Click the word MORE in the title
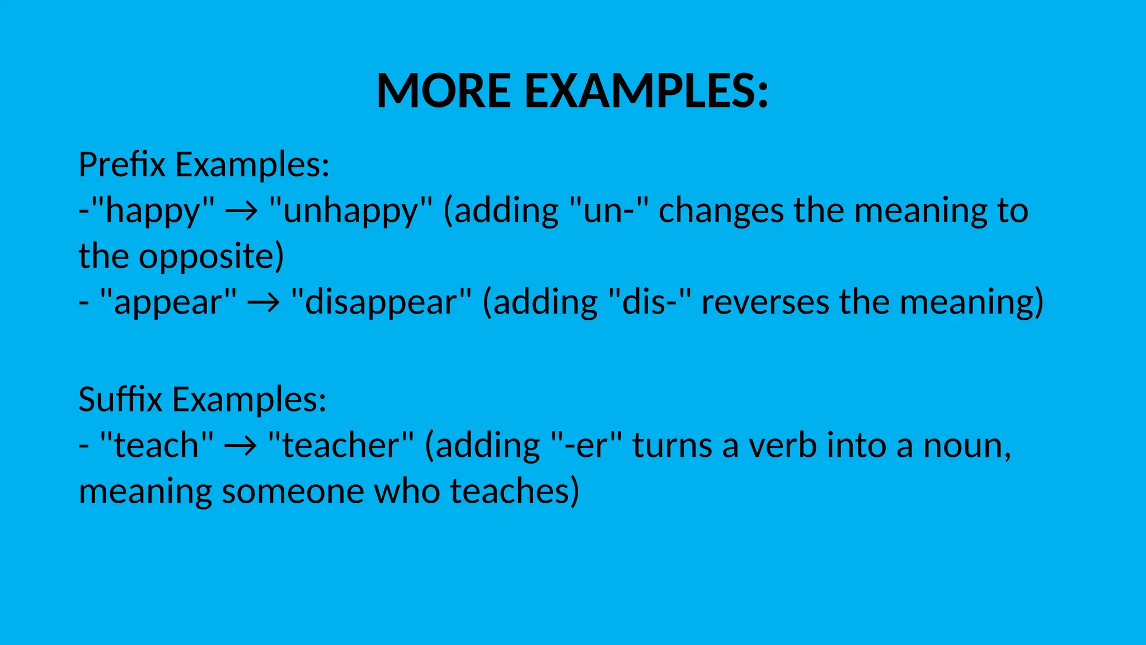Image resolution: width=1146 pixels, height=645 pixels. click(444, 91)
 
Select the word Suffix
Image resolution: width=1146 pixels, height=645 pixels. click(120, 399)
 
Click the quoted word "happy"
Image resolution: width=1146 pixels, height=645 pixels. click(152, 212)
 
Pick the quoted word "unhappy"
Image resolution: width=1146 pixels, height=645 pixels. click(351, 212)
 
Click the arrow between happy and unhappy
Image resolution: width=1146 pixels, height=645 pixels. click(241, 212)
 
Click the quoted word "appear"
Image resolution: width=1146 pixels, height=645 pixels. click(168, 303)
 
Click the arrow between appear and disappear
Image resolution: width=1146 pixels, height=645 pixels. click(264, 303)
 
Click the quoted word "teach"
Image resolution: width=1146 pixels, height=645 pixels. click(157, 446)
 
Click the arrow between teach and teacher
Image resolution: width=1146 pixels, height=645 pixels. click(241, 446)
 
